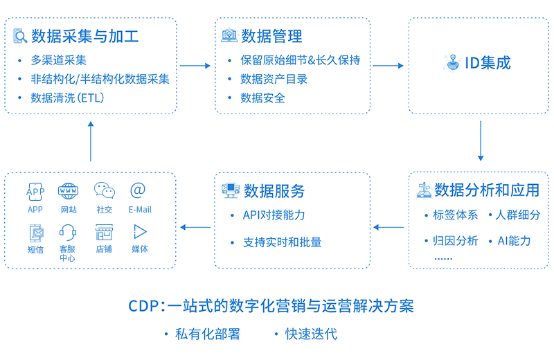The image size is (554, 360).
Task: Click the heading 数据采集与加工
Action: pos(84,36)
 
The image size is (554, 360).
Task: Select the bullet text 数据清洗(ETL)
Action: pos(67,98)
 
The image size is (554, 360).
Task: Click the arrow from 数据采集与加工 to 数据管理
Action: pos(195,66)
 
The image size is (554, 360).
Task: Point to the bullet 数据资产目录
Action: pos(274,79)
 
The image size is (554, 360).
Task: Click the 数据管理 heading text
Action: pos(271,36)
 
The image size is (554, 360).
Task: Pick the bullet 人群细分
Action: pos(517,215)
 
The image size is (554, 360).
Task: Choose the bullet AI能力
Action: pos(514,241)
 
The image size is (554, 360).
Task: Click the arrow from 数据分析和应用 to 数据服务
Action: pos(388,226)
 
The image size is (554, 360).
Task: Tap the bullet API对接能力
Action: pos(274,215)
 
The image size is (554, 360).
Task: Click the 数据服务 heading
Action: pos(274,190)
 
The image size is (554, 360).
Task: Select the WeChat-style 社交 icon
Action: pos(105,190)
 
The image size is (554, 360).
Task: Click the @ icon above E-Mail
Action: pos(138,190)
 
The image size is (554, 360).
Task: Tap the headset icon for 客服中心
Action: pos(68,231)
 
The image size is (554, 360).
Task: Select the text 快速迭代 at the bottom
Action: pos(311,334)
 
